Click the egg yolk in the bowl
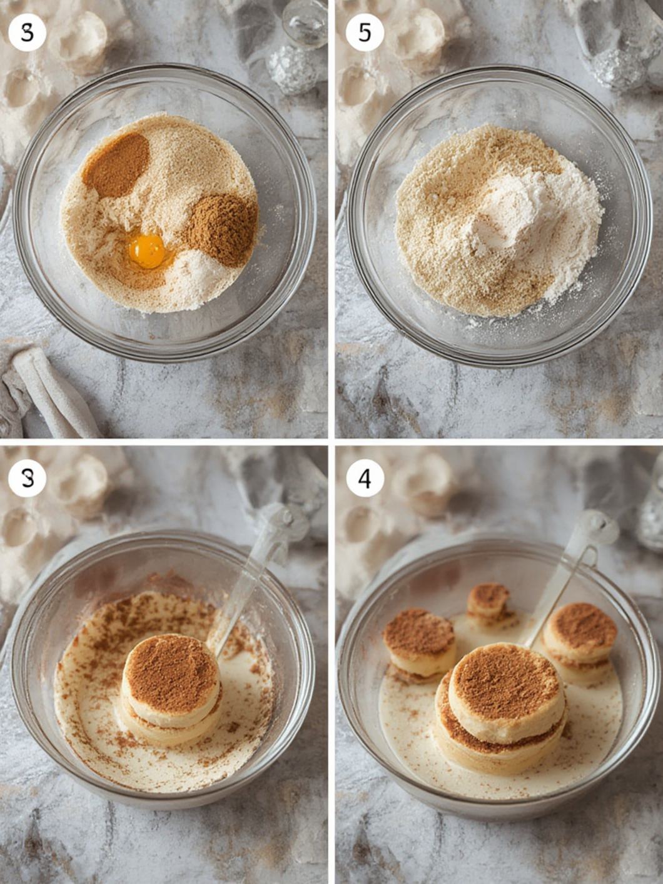point(146,250)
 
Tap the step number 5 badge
point(365,33)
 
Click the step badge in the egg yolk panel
point(27,33)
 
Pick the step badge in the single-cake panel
point(27,478)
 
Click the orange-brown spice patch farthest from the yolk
point(116,165)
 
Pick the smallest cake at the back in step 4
point(489,601)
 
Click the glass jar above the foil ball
point(305,22)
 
